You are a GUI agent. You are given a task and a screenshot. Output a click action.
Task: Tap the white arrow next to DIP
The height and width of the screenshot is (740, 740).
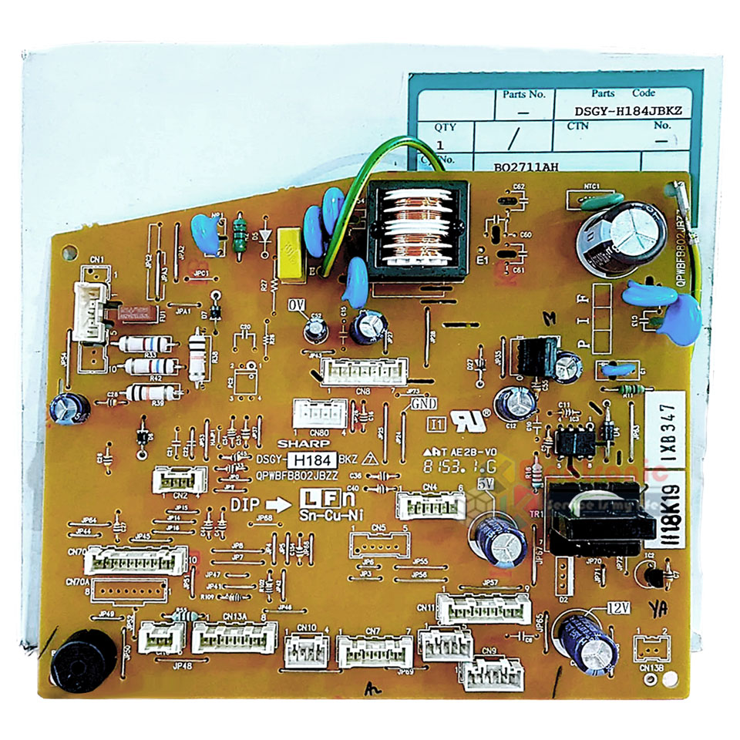coord(281,502)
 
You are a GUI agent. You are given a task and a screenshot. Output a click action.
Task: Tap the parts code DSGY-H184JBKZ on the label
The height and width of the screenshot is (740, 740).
coord(628,111)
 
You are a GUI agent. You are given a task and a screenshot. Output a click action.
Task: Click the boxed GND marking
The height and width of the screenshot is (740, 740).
coord(422,403)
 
